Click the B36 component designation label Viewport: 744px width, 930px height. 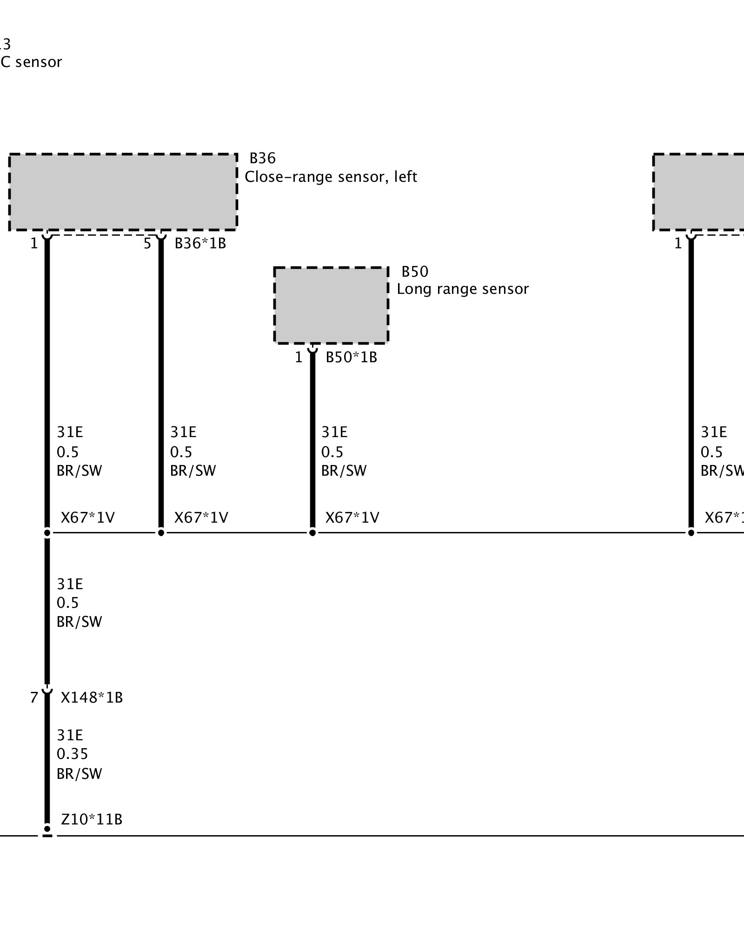(263, 159)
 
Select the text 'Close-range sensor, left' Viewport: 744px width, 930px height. (331, 177)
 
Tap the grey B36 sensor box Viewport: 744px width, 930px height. (123, 192)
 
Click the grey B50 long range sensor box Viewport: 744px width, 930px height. (331, 306)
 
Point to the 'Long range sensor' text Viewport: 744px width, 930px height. (463, 289)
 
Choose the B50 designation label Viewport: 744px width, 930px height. (415, 272)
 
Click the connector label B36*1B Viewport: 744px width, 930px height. (200, 243)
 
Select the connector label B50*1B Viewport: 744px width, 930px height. (351, 357)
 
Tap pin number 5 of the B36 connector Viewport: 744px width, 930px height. (147, 243)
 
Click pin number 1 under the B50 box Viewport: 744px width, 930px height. (299, 357)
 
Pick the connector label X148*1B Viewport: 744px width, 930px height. (92, 697)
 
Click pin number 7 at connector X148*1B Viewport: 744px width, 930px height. (34, 697)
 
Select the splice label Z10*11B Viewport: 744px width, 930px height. (92, 819)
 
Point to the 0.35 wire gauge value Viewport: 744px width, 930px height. (72, 754)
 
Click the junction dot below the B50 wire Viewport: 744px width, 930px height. (312, 532)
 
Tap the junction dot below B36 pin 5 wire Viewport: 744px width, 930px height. (161, 532)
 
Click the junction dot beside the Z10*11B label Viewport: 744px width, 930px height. (47, 829)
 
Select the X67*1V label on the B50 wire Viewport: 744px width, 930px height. (352, 518)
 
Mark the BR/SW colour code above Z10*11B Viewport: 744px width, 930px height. (79, 774)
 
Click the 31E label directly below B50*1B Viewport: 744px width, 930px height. (334, 432)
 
